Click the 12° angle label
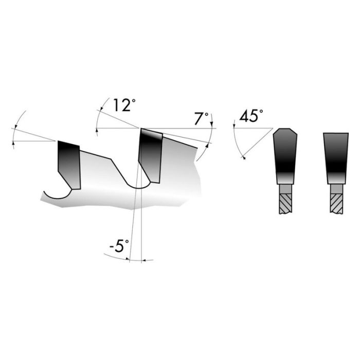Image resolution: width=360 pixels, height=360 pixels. pos(122,106)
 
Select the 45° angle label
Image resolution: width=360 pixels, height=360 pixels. pos(250,117)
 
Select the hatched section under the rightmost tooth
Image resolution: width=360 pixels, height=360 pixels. pos(336,203)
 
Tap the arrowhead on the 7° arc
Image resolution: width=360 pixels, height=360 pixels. pos(208,145)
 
